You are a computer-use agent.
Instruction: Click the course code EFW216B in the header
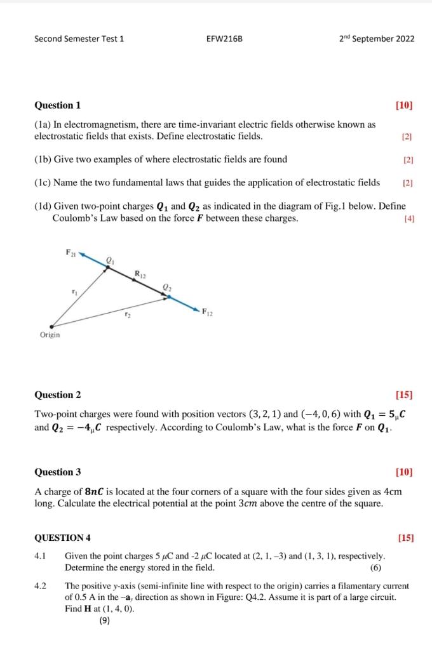(x=224, y=39)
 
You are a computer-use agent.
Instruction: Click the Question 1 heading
(x=57, y=105)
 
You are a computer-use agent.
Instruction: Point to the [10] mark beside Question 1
(x=403, y=105)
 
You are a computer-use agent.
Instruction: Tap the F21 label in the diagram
(x=70, y=253)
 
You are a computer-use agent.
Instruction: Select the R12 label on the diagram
(x=140, y=274)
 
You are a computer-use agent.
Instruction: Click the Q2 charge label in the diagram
(x=167, y=288)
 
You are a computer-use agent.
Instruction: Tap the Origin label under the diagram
(x=50, y=335)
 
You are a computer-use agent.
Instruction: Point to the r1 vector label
(x=74, y=291)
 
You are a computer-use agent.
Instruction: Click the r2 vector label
(x=127, y=314)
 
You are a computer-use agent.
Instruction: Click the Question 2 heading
(x=57, y=395)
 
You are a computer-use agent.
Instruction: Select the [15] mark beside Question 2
(x=403, y=395)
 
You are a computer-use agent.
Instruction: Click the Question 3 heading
(x=57, y=472)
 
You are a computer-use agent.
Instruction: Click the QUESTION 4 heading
(x=62, y=538)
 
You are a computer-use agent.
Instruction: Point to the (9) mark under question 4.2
(x=105, y=621)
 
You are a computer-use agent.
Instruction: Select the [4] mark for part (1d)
(x=408, y=219)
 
